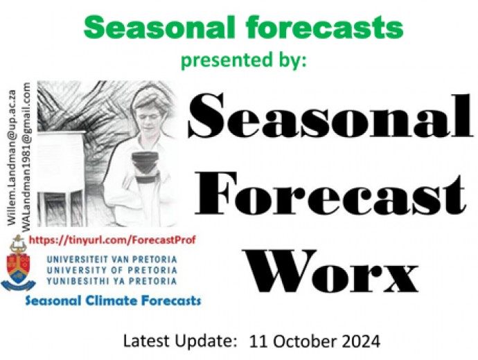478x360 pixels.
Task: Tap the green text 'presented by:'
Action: [244, 60]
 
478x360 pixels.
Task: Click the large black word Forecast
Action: [330, 194]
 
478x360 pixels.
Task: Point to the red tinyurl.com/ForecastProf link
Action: [112, 240]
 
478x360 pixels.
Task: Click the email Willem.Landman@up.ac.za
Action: [12, 157]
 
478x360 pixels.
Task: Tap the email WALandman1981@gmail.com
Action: [26, 156]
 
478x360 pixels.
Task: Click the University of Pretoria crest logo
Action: [18, 263]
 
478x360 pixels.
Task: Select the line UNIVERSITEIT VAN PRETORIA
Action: [112, 260]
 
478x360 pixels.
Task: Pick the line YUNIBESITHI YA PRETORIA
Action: [112, 281]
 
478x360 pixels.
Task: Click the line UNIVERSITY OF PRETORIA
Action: [112, 270]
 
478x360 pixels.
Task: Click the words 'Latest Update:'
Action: [180, 341]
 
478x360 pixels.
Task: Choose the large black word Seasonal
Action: [330, 115]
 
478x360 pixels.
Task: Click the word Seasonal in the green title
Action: [159, 27]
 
